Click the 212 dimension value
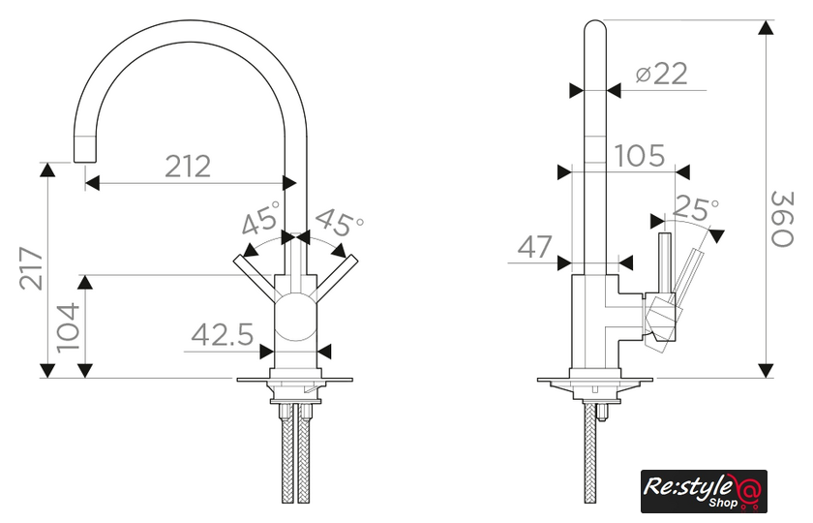click(188, 167)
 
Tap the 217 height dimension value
click(32, 268)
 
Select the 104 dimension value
click(69, 327)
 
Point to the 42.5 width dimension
click(223, 335)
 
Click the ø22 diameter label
click(662, 74)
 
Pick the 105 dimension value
click(640, 156)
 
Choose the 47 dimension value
click(535, 247)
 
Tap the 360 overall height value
click(782, 219)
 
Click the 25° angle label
click(696, 208)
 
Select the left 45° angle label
click(260, 218)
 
